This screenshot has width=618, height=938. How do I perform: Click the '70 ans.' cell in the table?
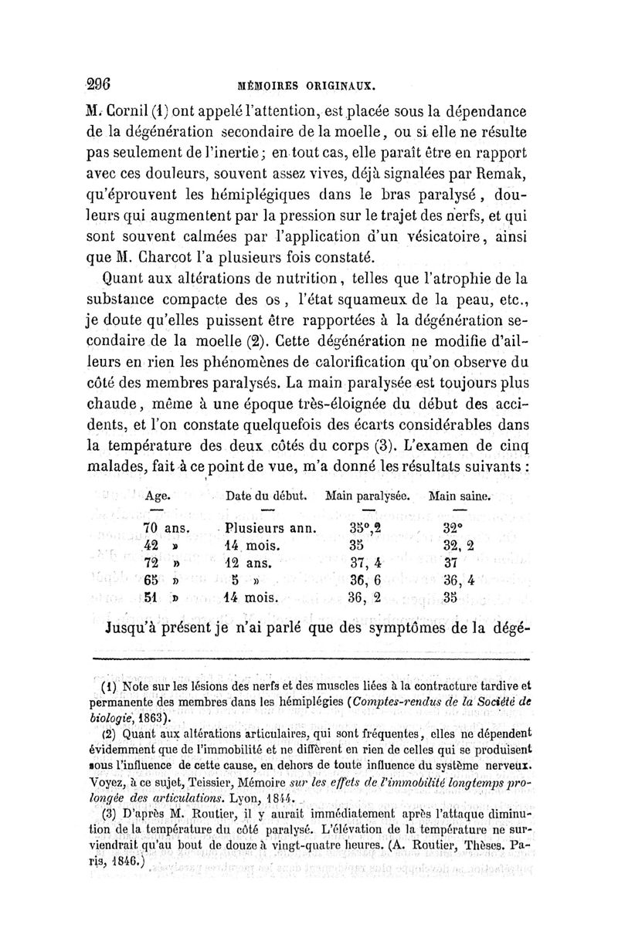coord(166,527)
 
